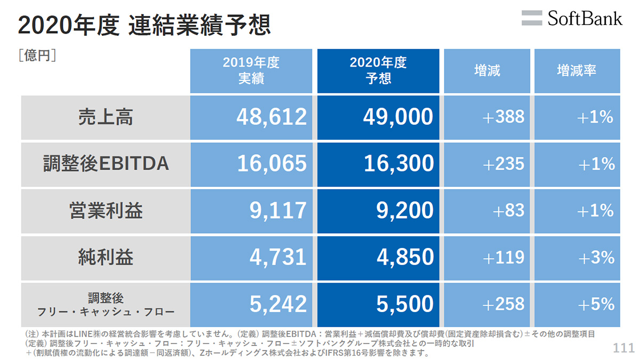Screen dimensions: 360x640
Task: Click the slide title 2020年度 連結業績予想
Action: coord(144,25)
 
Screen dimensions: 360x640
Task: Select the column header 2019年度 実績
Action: coord(251,70)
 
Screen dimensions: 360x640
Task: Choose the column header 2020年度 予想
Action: coord(378,70)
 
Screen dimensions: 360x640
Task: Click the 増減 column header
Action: coord(487,70)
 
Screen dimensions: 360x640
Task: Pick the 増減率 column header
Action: coord(577,70)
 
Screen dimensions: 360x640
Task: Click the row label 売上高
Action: coord(106,117)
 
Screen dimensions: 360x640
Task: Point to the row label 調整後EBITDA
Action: coord(106,164)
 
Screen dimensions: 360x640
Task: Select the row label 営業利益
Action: coord(106,211)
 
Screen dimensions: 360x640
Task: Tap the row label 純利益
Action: coord(106,258)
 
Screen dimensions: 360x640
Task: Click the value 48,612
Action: coord(271,117)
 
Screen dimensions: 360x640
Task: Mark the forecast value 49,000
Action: coord(398,117)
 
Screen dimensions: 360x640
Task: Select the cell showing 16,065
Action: coord(271,164)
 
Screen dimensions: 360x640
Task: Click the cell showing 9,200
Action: coord(405,211)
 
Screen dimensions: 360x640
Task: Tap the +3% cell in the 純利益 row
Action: coord(596,258)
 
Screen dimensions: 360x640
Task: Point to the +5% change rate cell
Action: coord(596,305)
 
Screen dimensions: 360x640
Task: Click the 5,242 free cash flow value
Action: coord(278,305)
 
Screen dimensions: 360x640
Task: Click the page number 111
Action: coord(623,348)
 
